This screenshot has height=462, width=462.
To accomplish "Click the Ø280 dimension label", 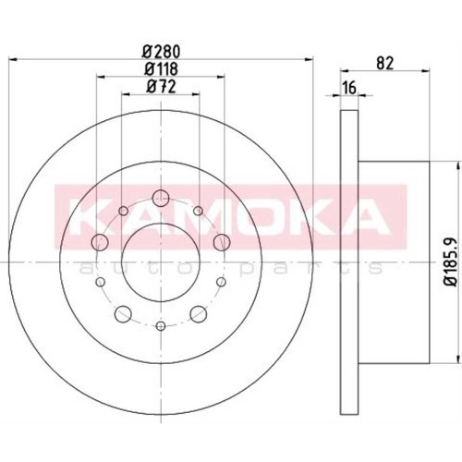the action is (161, 52).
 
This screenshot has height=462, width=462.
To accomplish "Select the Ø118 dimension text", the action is (161, 69).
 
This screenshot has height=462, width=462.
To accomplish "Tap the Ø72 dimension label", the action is (161, 87).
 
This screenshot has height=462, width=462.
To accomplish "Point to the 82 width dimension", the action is (385, 64).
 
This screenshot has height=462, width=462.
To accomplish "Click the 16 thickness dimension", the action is (349, 88).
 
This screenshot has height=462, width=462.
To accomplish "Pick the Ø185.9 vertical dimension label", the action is (452, 262).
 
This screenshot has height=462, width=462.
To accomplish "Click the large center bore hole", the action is (161, 262).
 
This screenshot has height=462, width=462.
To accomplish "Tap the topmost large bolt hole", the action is (161, 199).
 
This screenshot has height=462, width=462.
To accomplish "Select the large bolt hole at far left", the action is (100, 242).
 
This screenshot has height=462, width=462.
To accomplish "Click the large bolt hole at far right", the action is (222, 242).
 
